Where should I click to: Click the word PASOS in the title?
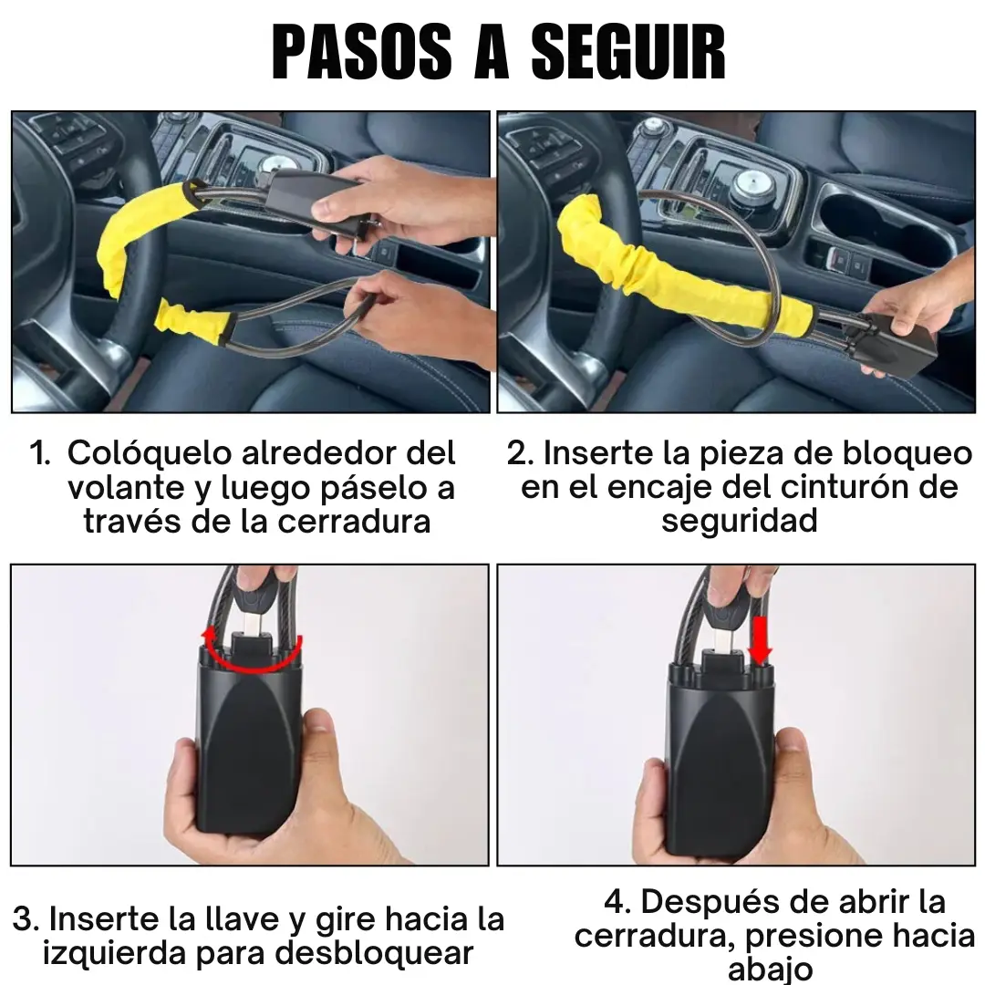point(362,52)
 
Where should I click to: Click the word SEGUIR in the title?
point(628,52)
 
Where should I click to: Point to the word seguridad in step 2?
point(740,522)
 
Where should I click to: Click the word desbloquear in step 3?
point(375,954)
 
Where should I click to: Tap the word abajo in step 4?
point(770,969)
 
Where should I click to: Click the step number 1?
point(39,453)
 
